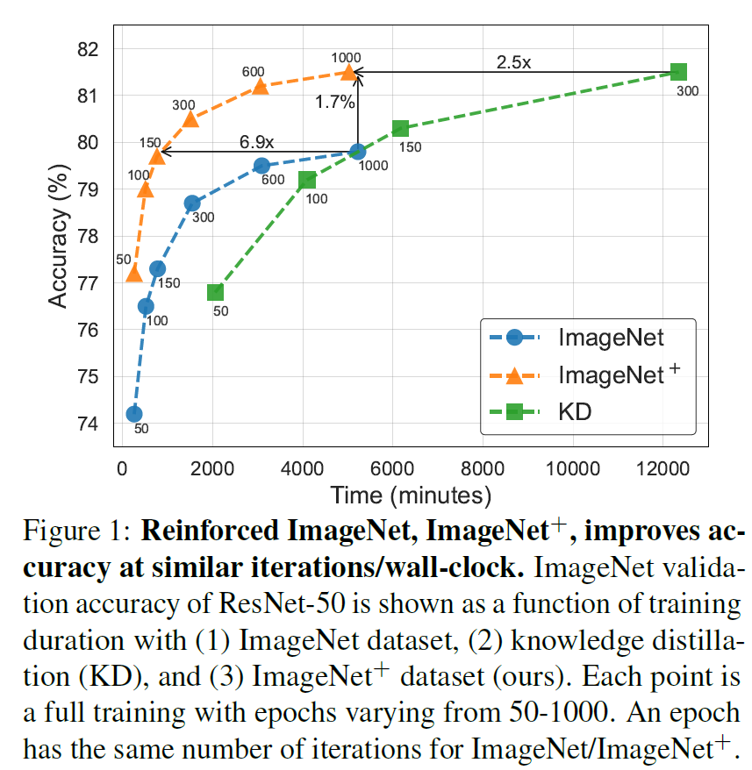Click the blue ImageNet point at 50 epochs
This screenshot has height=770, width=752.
[x=134, y=414]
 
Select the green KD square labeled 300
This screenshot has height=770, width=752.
[x=678, y=72]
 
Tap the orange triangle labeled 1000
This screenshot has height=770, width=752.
[x=349, y=72]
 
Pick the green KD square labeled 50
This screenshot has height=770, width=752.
[x=215, y=292]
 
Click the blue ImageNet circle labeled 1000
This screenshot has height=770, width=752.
[x=357, y=152]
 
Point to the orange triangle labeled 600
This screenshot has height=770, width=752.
[x=260, y=86]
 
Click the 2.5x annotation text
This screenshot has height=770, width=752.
[x=513, y=62]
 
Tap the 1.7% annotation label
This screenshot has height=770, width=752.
[x=335, y=103]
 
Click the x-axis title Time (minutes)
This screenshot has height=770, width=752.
[x=411, y=495]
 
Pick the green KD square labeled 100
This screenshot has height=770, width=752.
[x=307, y=180]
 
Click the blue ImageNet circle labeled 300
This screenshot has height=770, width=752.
[x=192, y=203]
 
